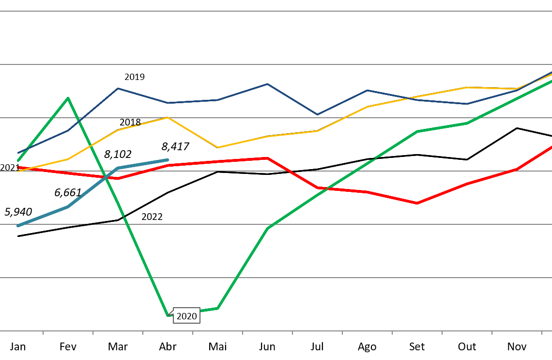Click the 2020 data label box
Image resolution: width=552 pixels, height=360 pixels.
pos(186,316)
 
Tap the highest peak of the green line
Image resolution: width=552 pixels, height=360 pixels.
pos(68,98)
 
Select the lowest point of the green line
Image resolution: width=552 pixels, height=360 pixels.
pos(168,315)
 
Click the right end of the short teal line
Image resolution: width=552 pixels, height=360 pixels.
pos(167,160)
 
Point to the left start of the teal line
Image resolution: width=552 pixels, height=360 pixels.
pos(18,226)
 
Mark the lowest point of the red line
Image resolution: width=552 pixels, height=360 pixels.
pos(417,203)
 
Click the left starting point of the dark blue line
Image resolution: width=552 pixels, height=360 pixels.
pos(18,153)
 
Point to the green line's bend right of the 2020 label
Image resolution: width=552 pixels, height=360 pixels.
pos(217,308)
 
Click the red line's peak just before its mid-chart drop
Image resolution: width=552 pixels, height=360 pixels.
pos(267,158)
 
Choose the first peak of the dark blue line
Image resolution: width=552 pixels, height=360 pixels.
pos(118,89)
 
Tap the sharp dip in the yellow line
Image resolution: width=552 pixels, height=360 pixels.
pos(217,147)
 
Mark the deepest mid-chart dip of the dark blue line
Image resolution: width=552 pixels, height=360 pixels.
pos(317,115)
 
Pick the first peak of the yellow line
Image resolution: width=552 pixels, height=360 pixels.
pos(168,117)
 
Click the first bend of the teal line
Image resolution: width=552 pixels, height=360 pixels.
pos(68,207)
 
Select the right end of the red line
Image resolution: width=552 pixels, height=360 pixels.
pos(551,147)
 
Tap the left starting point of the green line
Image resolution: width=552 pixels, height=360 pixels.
pos(18,160)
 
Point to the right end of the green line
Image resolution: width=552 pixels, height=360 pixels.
pos(551,81)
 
